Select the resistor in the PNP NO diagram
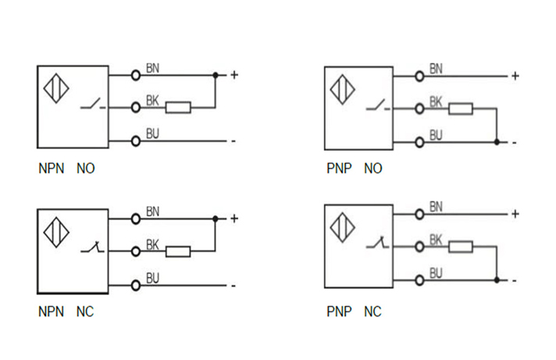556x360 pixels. coord(460,109)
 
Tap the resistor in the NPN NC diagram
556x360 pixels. coord(179,251)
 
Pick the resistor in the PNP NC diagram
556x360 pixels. coord(460,247)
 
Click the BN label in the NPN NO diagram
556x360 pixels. coord(153,69)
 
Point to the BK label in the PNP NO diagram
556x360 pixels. coord(436,102)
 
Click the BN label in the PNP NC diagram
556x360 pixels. coord(436,207)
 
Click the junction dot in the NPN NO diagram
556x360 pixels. coord(216,75)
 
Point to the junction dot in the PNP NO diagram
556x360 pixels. coord(497,142)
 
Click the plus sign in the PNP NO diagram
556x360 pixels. coord(515,76)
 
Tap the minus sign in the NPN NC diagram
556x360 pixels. coord(233,286)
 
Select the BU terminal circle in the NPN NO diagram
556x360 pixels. coord(136,141)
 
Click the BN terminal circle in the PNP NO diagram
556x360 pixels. coord(420,76)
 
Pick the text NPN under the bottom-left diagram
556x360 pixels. coord(51,312)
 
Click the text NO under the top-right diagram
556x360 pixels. coord(372,169)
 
